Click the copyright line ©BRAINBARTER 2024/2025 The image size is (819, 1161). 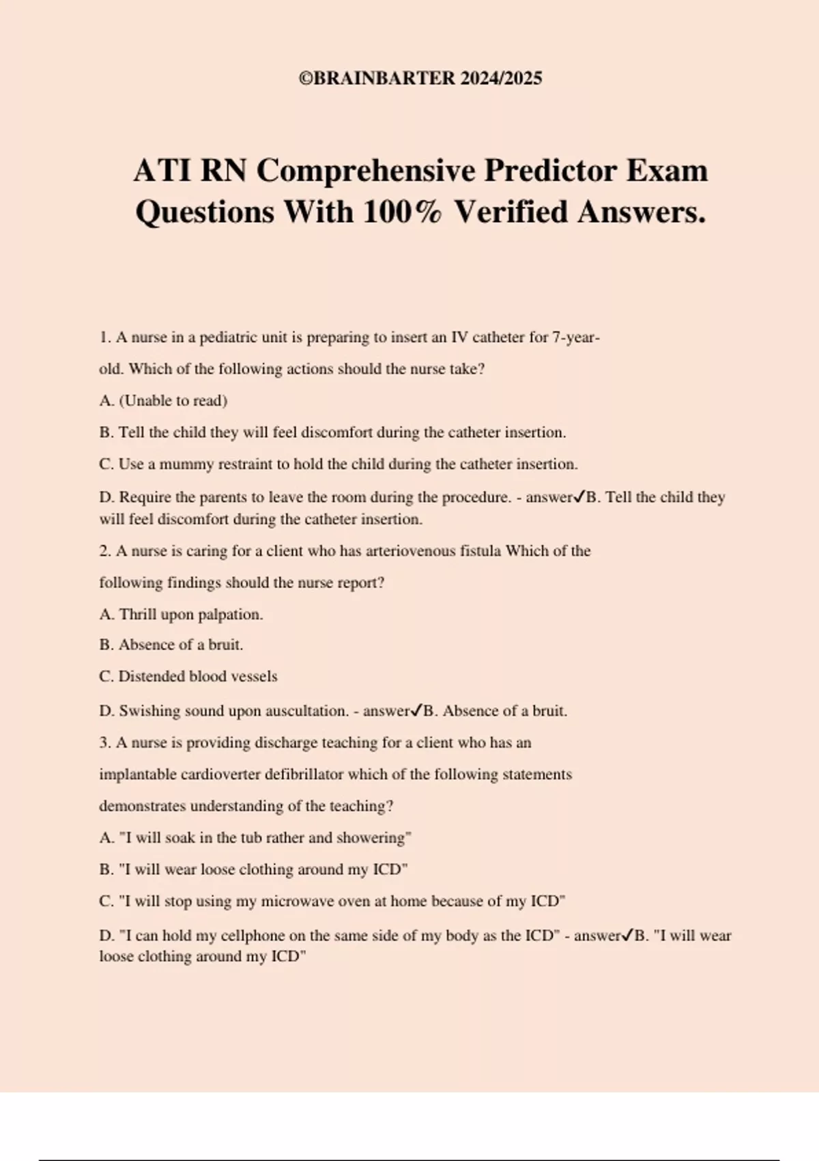click(420, 79)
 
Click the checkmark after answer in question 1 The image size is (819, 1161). click(579, 497)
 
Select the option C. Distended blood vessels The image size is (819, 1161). click(188, 677)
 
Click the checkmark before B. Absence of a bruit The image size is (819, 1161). click(416, 711)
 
